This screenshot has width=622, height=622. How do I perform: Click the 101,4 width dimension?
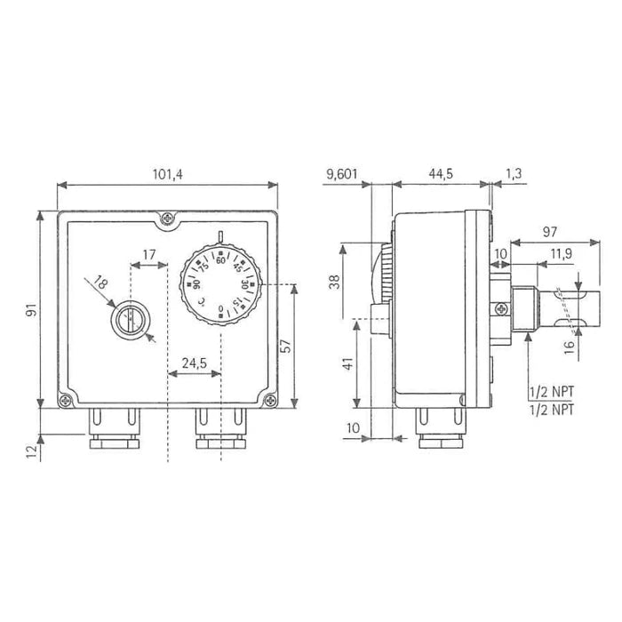[168, 174]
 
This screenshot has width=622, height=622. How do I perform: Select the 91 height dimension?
[31, 310]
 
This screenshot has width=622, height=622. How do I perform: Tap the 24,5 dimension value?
[195, 363]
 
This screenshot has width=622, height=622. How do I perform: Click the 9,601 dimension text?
[341, 174]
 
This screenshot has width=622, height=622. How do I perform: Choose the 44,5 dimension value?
[441, 174]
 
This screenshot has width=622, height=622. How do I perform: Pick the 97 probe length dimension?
[550, 232]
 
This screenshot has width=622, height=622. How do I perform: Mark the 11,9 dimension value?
[562, 253]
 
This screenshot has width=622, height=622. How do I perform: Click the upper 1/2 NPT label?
[552, 392]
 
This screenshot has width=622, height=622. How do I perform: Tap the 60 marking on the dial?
[220, 260]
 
